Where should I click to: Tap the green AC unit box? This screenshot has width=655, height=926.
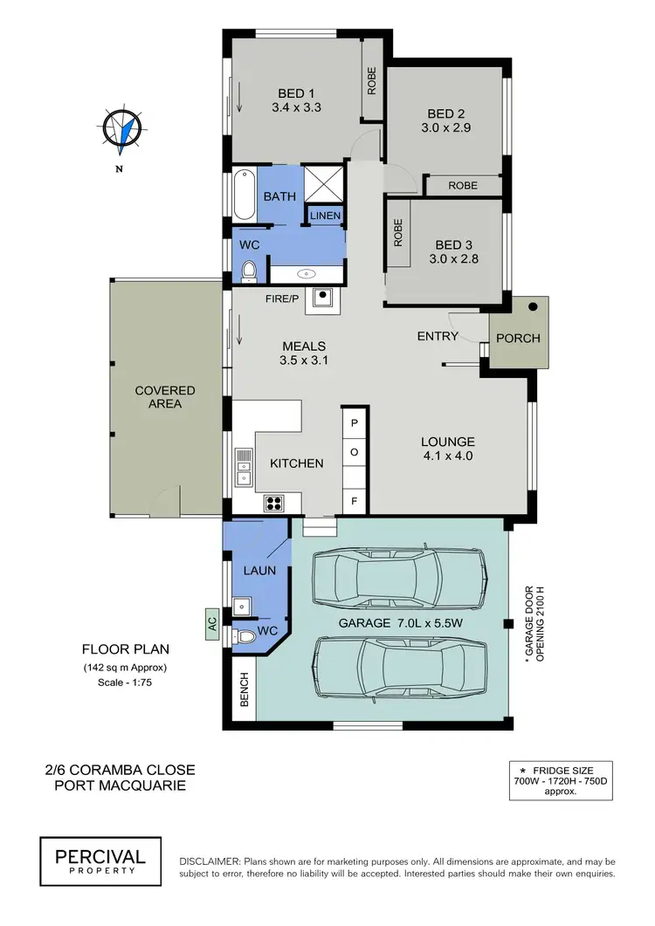pos(211,624)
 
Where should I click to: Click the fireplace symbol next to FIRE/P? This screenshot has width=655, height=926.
pos(325,298)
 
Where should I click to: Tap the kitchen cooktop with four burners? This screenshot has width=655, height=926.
pos(273,502)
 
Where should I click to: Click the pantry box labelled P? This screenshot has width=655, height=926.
pos(355,423)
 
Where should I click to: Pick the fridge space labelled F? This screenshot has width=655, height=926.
pos(355,501)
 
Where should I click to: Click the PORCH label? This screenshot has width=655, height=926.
pos(518,338)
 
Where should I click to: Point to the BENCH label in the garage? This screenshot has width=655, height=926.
pos(244,689)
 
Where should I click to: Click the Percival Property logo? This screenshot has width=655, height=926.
pos(100,856)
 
